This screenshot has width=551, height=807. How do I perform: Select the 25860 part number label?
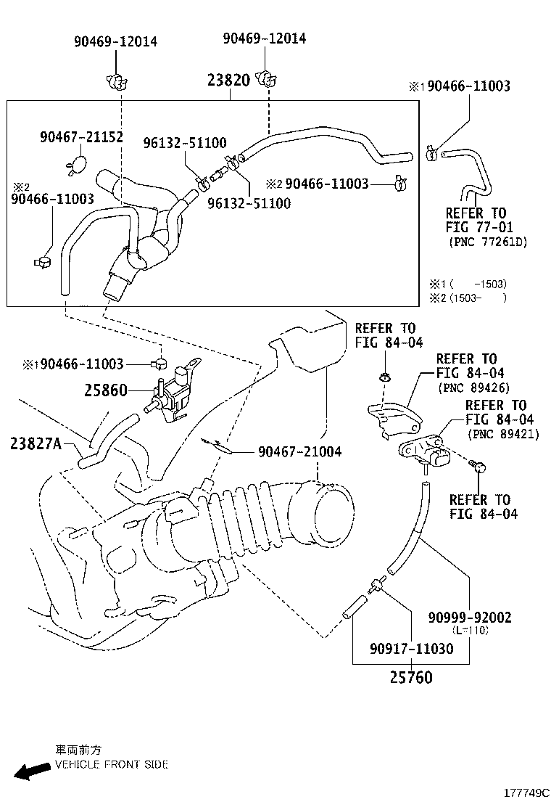click(105, 390)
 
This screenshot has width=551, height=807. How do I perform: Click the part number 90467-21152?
click(81, 136)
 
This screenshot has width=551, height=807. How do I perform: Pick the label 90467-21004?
click(299, 452)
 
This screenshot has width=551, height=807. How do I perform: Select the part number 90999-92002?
click(469, 618)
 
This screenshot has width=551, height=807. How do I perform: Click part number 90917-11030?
click(411, 648)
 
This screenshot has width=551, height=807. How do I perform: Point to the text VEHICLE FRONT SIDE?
click(111, 764)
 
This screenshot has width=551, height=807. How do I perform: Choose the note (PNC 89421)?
click(502, 435)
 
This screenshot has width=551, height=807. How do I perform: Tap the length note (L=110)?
click(469, 631)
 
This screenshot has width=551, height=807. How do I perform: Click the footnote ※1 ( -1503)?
click(468, 284)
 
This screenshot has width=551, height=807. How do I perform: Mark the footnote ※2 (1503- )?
click(468, 298)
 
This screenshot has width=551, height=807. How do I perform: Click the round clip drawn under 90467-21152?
click(78, 166)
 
